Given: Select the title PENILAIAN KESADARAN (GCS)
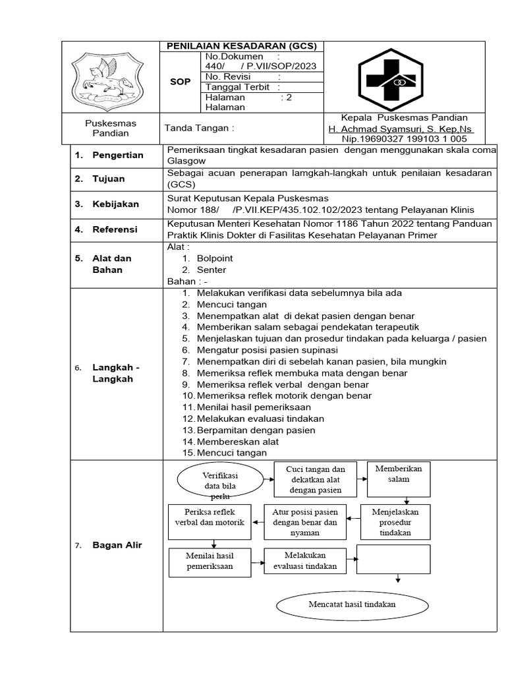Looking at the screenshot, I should click(x=241, y=46).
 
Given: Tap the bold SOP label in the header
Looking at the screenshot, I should click(x=180, y=82).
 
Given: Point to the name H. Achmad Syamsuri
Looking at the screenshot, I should click(x=401, y=129).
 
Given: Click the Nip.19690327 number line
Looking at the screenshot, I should click(x=404, y=139).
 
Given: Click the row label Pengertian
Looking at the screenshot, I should click(x=118, y=155).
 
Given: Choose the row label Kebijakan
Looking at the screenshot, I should click(x=115, y=204).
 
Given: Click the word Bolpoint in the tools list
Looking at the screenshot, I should click(x=215, y=258).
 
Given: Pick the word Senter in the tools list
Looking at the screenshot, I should click(x=211, y=270).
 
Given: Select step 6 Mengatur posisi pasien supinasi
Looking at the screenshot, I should click(x=267, y=349).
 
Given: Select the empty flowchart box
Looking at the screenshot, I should click(x=393, y=560).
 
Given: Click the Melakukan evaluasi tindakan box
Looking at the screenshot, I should click(x=300, y=560).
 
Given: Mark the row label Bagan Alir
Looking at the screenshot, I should click(x=117, y=545).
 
